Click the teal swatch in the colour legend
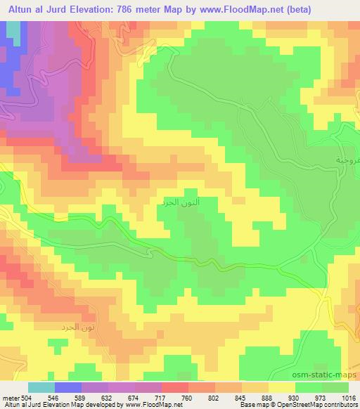(x=41, y=387)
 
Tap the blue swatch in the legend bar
(x=68, y=387)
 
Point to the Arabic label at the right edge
(x=348, y=160)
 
